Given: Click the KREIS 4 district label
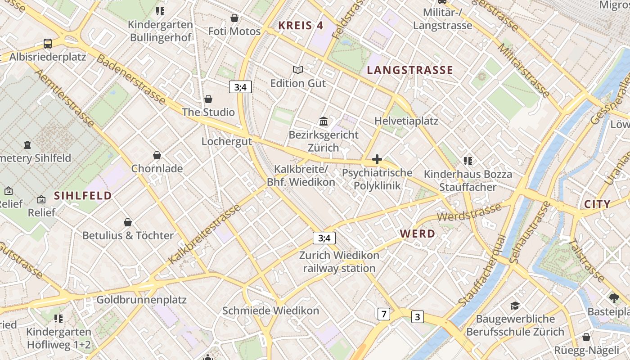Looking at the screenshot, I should [301, 26].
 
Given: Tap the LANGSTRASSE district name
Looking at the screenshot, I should [410, 70].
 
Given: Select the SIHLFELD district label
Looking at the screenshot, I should [83, 196].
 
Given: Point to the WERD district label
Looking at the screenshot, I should [418, 234].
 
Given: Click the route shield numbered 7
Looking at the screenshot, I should [383, 314].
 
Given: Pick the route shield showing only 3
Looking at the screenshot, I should [418, 317].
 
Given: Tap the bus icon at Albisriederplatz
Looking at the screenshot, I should [48, 44].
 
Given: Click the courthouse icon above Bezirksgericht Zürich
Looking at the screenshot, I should [323, 121].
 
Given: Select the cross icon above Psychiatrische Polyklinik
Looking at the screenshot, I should [377, 159].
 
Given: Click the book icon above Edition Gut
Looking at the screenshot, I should [297, 70].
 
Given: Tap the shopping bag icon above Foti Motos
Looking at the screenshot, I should [234, 18].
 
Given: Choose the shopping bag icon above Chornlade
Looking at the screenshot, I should [157, 155].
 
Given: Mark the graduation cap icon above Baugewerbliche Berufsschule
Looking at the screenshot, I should [515, 306].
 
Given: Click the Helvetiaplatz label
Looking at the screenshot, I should [406, 121].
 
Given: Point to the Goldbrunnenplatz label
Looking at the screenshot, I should [141, 300].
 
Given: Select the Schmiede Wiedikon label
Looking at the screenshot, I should [270, 310].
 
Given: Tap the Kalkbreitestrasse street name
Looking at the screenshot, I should [205, 234].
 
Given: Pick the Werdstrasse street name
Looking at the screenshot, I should [469, 212].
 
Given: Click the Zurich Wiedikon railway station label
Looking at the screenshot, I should [339, 262].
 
